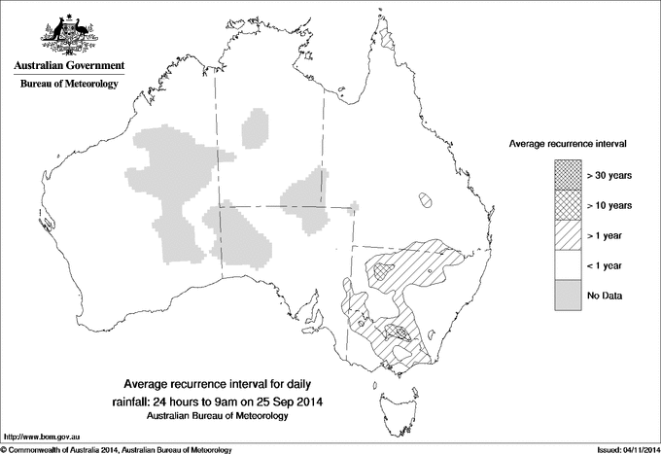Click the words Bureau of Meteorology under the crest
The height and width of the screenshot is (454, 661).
[x=68, y=85]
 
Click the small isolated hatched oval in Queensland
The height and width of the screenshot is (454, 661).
[x=425, y=200]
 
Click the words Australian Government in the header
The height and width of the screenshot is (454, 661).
[x=68, y=66]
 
